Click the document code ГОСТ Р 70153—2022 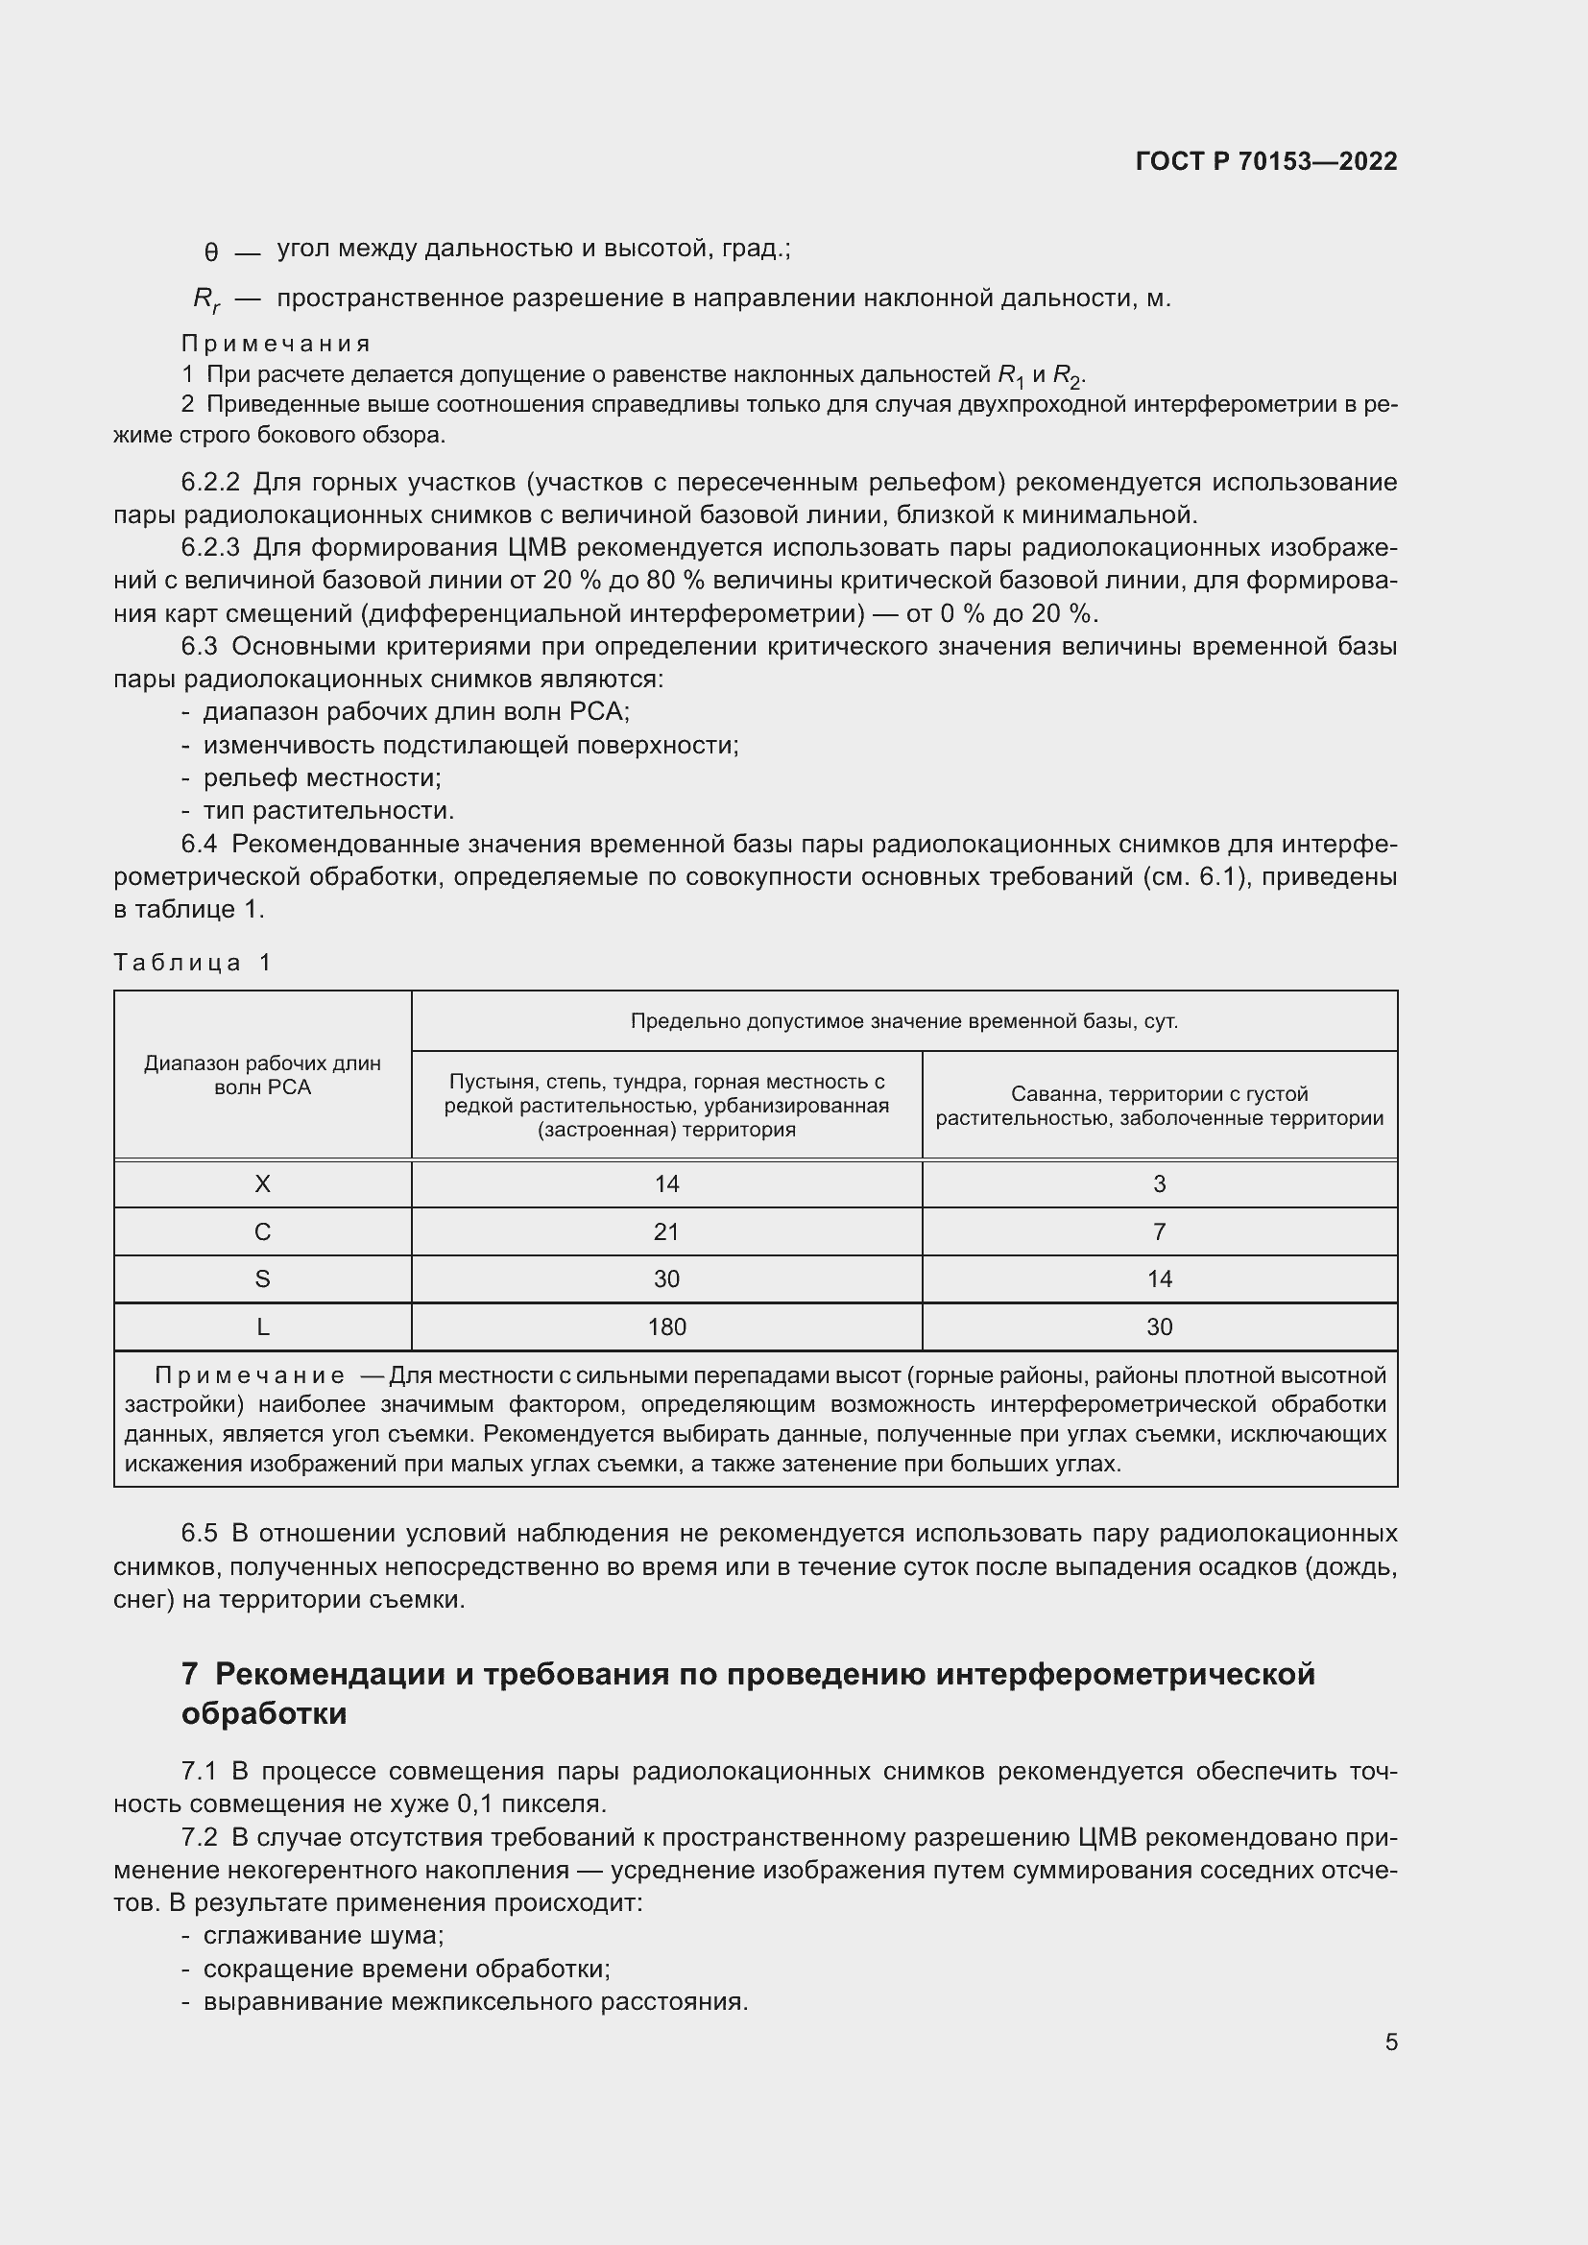(1265, 161)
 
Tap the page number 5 (1390, 2042)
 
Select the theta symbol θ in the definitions (211, 252)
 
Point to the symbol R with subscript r (206, 299)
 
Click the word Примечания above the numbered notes (276, 344)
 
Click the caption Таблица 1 (193, 962)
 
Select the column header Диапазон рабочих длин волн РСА (262, 1075)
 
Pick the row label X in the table (262, 1184)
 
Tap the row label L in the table (262, 1326)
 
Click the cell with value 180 (667, 1326)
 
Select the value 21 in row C (667, 1232)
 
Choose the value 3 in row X (1159, 1184)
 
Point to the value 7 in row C (1159, 1232)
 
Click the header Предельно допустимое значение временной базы (903, 1022)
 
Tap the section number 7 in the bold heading (190, 1674)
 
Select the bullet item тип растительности (327, 811)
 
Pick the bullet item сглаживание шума (323, 1935)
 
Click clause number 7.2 (200, 1837)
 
